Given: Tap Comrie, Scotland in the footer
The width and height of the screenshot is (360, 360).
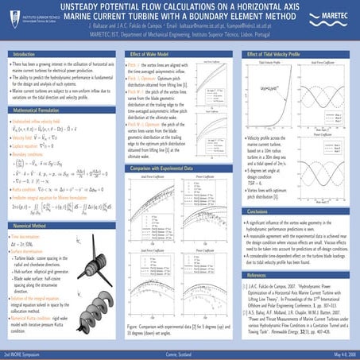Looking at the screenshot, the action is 180,352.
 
